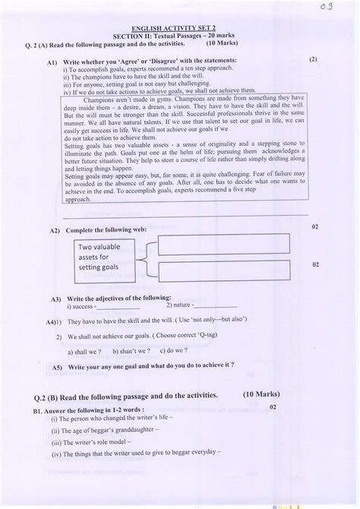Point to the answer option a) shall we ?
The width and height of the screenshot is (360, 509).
coord(85,351)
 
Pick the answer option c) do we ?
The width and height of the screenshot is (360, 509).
coord(174,351)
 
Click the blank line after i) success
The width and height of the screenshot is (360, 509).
coord(118,309)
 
